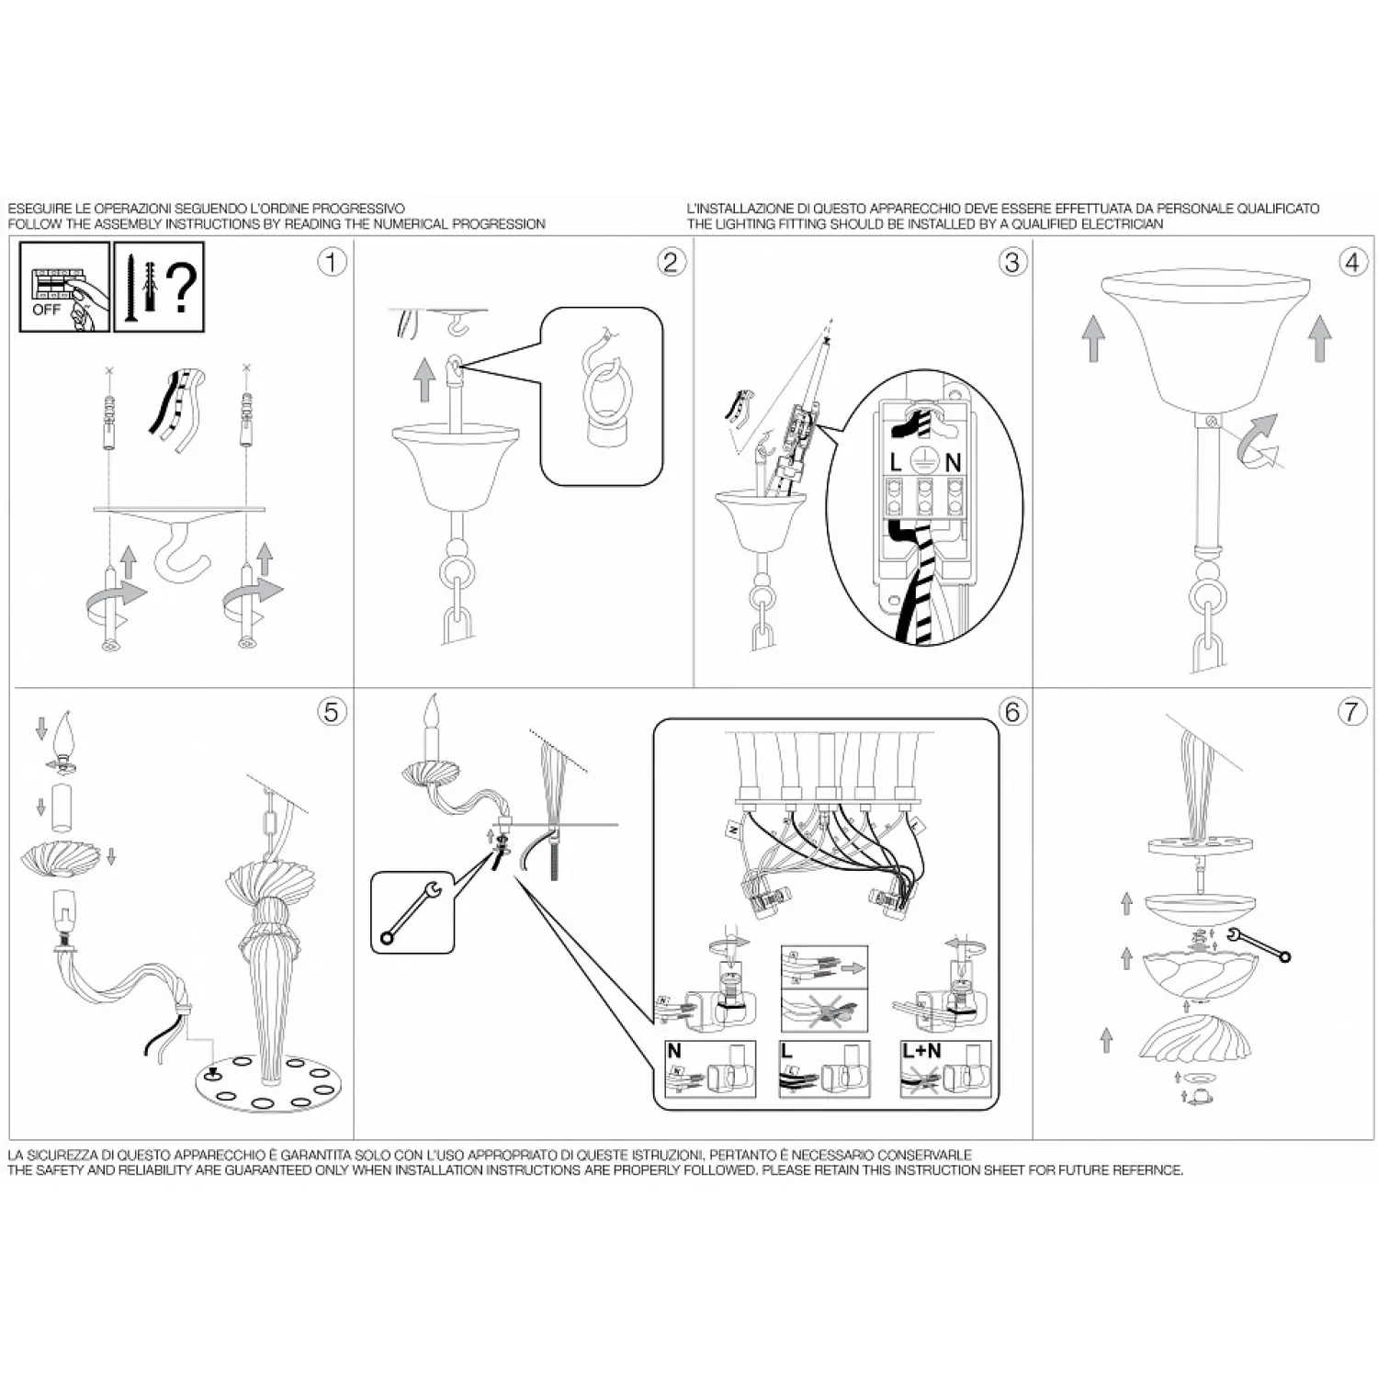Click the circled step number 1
coord(332,262)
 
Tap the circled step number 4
coord(1351,262)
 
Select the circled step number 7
coord(1351,711)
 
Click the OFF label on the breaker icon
coord(46,310)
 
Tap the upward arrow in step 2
coord(424,379)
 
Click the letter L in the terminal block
coord(896,463)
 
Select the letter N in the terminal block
coord(953,463)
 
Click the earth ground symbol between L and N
coord(924,462)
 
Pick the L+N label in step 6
coord(921,1051)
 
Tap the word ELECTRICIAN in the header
coord(1125,224)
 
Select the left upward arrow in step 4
coord(1093,339)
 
